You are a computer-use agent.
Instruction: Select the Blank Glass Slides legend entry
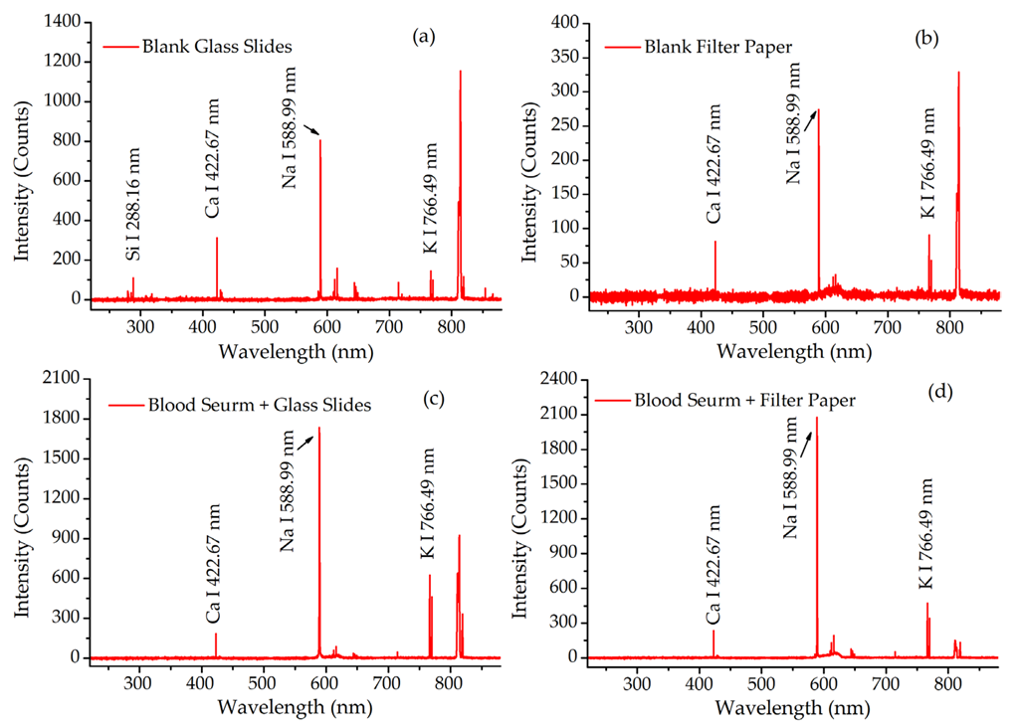(x=198, y=46)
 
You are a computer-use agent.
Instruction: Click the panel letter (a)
(x=424, y=37)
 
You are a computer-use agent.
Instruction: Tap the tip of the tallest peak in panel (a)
(x=460, y=71)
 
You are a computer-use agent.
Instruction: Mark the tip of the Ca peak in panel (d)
(x=713, y=631)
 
